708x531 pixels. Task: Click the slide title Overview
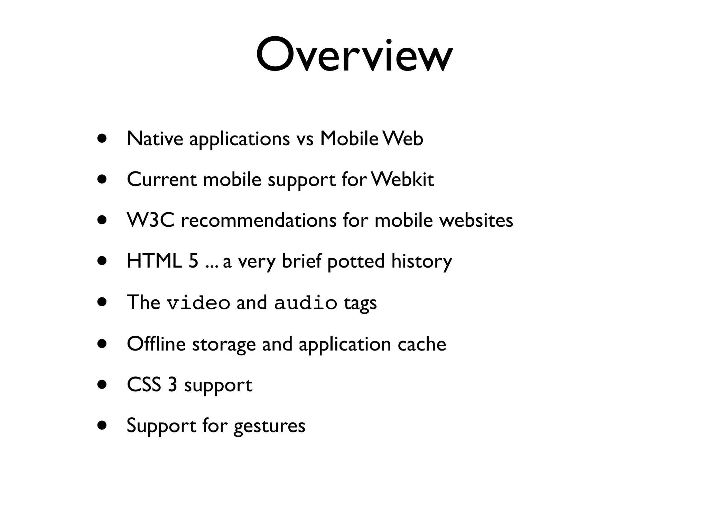point(354,55)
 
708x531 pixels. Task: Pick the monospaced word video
point(198,303)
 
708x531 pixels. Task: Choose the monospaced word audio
point(306,303)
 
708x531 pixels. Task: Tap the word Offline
point(156,344)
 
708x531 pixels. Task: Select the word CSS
point(144,384)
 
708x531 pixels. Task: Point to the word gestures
point(269,426)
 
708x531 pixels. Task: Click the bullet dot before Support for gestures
point(102,425)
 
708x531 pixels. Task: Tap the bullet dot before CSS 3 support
point(102,384)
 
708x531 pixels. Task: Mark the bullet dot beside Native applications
point(102,138)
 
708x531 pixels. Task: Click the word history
point(421,261)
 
